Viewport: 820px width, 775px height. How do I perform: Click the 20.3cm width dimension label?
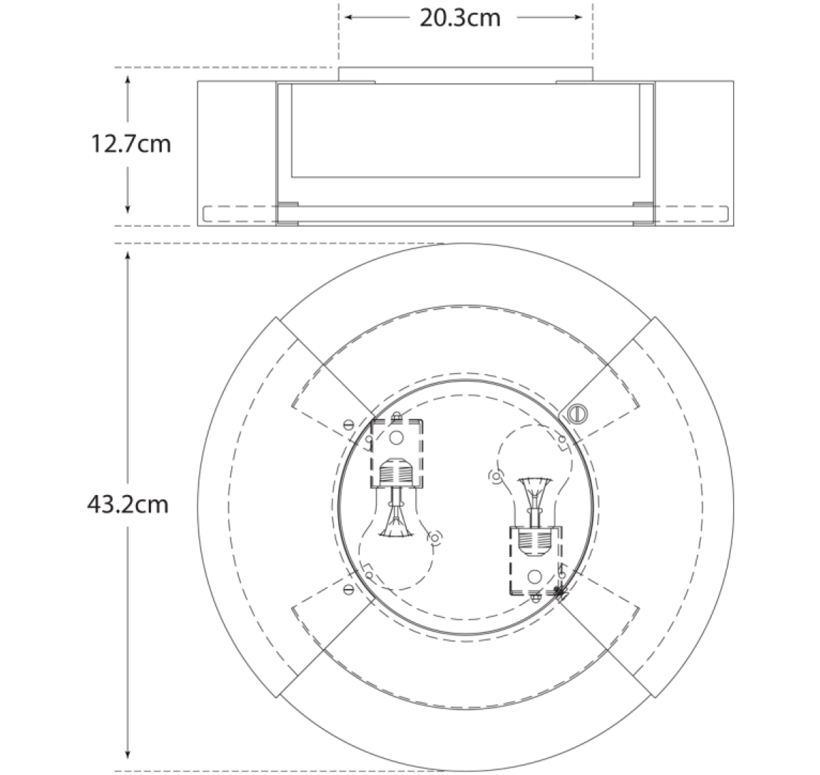click(460, 19)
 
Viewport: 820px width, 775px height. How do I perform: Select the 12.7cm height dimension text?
click(131, 144)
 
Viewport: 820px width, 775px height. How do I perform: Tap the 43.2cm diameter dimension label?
click(128, 505)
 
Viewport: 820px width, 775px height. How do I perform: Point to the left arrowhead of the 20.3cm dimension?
click(348, 17)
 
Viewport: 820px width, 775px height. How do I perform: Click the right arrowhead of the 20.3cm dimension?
click(578, 17)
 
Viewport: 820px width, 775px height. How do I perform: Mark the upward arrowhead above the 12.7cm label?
click(127, 80)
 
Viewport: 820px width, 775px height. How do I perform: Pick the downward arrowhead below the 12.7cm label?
click(127, 209)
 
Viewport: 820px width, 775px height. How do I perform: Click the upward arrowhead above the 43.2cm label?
click(127, 256)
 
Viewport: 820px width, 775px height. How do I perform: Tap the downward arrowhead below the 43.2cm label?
click(127, 753)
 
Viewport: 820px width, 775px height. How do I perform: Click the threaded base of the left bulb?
click(396, 473)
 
